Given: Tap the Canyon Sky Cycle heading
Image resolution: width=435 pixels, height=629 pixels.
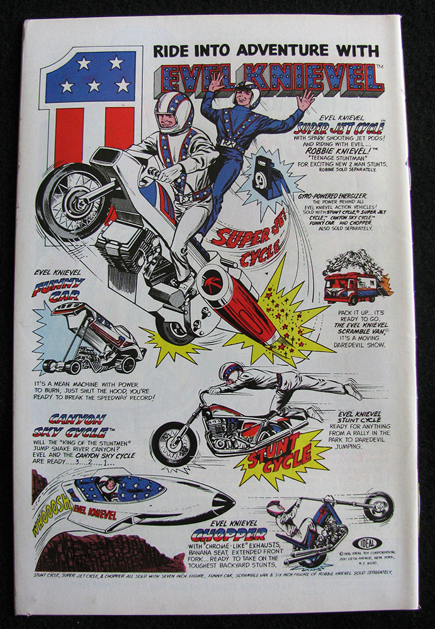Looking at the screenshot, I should pos(69,424).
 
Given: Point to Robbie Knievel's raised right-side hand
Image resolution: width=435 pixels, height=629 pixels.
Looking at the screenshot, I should pos(305,99).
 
